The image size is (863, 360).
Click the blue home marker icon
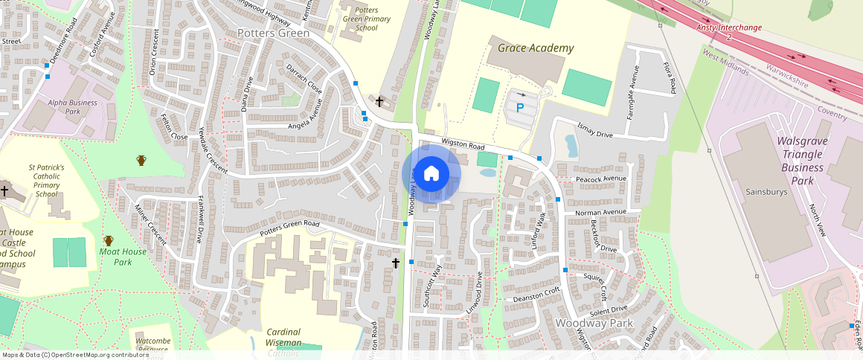click(431, 173)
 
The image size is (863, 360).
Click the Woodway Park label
click(594, 324)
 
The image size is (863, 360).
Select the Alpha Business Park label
click(72, 107)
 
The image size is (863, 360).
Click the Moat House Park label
click(123, 257)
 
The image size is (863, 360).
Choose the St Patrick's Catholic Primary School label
click(46, 181)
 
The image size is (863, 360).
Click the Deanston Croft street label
click(536, 295)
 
